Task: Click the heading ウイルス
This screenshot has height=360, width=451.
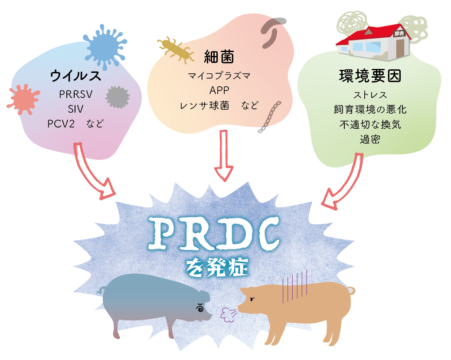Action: point(75,76)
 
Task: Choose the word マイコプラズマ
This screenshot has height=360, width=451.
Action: point(219,76)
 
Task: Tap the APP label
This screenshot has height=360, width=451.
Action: point(219,90)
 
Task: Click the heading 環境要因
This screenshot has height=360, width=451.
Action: point(370,76)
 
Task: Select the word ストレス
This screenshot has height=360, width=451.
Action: point(370,95)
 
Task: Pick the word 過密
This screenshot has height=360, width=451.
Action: point(370,139)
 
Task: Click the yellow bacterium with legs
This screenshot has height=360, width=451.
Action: point(176,48)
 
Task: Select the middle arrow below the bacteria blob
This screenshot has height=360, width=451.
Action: point(224,156)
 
